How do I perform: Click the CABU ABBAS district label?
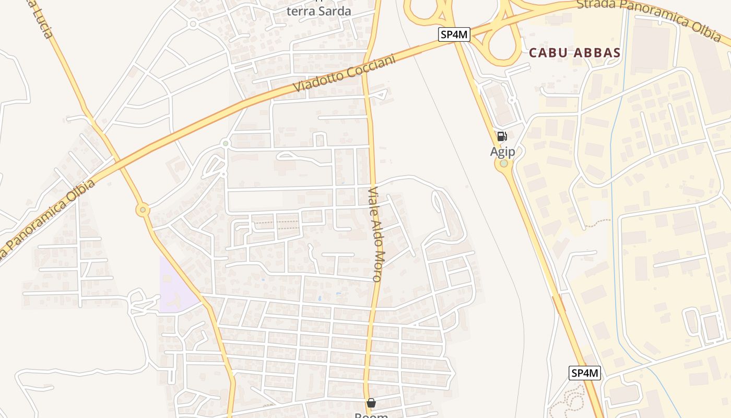pyautogui.click(x=574, y=53)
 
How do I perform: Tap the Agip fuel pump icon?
pyautogui.click(x=502, y=136)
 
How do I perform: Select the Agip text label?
pyautogui.click(x=502, y=152)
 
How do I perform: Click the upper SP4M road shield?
pyautogui.click(x=454, y=34)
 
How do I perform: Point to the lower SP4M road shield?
pyautogui.click(x=585, y=373)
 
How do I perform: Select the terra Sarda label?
pyautogui.click(x=319, y=11)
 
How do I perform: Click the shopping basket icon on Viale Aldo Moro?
pyautogui.click(x=371, y=403)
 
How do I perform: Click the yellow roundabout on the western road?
pyautogui.click(x=143, y=210)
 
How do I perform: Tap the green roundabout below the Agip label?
pyautogui.click(x=504, y=164)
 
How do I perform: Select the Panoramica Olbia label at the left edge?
pyautogui.click(x=47, y=219)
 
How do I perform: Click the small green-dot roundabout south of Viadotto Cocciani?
pyautogui.click(x=226, y=143)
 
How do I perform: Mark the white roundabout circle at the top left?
pyautogui.click(x=193, y=24)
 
